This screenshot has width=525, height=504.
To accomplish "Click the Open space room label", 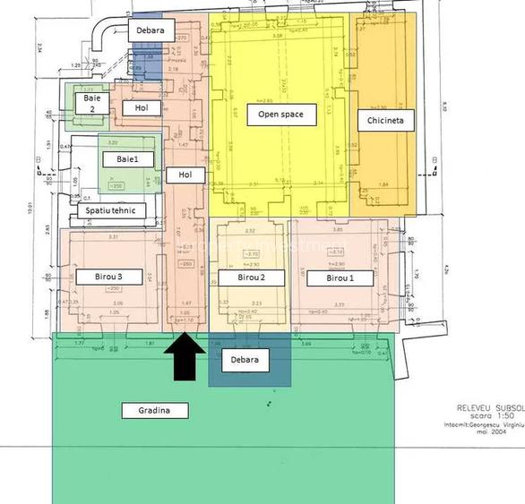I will [287, 115].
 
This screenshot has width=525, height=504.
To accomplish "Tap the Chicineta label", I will [385, 120].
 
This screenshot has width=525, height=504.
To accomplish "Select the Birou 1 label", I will [340, 278].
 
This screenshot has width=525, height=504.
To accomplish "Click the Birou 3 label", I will [106, 278].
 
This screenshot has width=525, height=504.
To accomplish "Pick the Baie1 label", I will [129, 158].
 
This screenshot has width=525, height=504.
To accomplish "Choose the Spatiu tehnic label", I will [112, 212].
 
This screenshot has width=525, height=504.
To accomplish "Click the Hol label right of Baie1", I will [185, 175].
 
